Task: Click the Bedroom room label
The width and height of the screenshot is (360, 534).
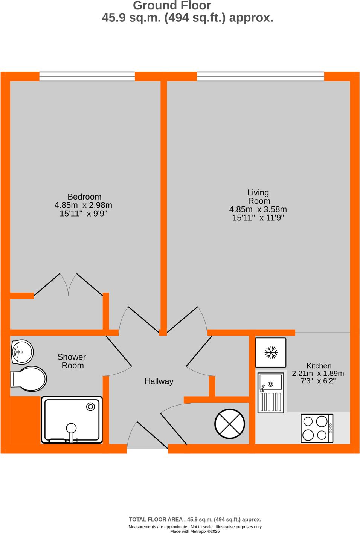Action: tap(84, 197)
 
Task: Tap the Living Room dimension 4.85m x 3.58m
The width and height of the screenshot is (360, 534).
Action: tap(258, 209)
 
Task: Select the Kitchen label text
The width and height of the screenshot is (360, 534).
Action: tap(319, 366)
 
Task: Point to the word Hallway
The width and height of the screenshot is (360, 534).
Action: tap(159, 381)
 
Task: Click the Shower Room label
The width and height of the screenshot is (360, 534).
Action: tap(72, 361)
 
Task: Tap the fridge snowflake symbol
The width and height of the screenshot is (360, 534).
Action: tap(271, 352)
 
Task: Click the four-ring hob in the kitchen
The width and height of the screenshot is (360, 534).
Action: tap(317, 428)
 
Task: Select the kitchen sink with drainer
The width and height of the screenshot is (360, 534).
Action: tap(271, 392)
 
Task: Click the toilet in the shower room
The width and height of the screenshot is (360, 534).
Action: tap(29, 379)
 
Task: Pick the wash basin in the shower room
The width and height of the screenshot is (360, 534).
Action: tap(22, 352)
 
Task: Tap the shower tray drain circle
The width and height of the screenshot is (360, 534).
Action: tap(90, 407)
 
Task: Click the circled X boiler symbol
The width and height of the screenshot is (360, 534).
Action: tap(230, 424)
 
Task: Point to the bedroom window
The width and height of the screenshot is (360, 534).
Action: tap(87, 76)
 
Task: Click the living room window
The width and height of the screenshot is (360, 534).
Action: tap(260, 76)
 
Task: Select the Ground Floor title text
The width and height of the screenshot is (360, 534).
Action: tap(172, 6)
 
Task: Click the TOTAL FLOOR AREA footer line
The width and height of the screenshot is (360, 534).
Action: tap(195, 519)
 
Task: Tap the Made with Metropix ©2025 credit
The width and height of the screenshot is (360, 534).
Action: tap(195, 531)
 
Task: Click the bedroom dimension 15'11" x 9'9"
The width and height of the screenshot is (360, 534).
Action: tap(83, 214)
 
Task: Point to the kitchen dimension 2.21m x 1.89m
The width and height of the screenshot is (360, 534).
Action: tap(318, 374)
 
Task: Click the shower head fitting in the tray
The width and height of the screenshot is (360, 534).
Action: tap(71, 428)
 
